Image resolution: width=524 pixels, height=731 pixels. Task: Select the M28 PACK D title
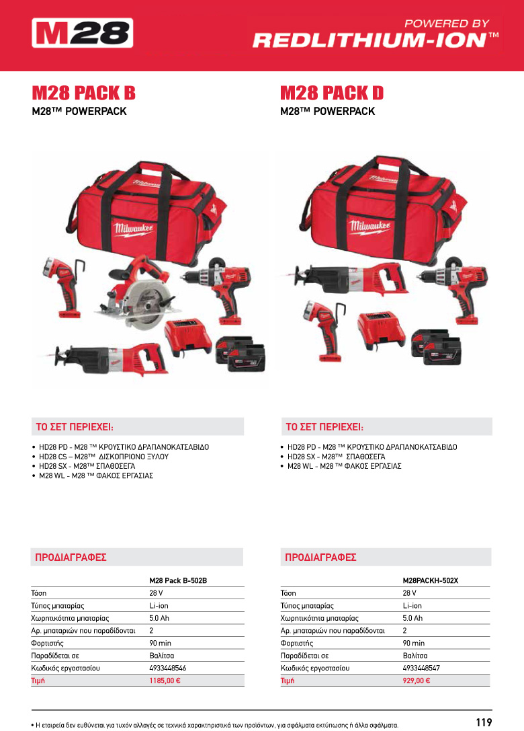coord(331,92)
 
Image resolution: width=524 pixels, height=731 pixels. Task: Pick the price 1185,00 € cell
coord(165,681)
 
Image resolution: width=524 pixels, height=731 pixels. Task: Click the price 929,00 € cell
coord(417,681)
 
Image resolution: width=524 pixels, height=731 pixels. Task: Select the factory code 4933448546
coord(167,668)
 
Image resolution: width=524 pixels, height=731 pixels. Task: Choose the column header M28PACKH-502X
coord(430,580)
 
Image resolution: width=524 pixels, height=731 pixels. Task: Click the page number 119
coord(484,722)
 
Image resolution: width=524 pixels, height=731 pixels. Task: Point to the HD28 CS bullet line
coord(103,456)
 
